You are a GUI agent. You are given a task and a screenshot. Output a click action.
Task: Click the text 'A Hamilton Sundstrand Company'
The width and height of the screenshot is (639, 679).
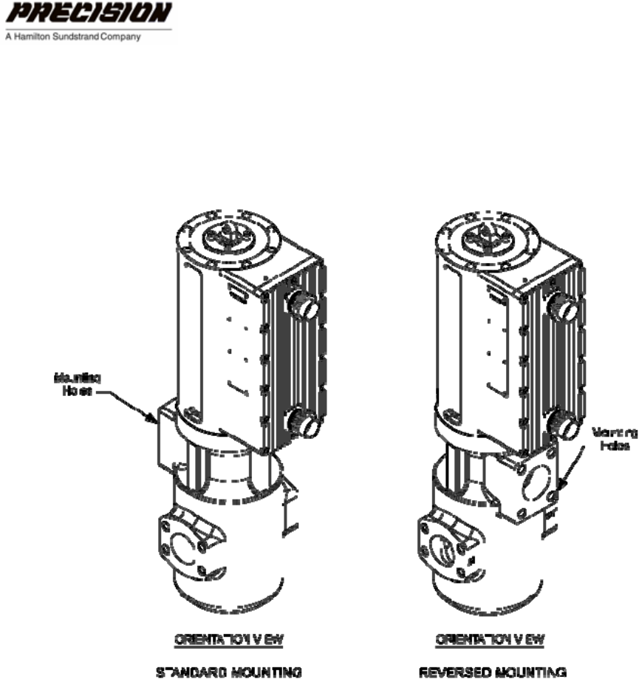72,35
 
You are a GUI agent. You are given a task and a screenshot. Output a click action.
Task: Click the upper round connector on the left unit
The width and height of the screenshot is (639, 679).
303,304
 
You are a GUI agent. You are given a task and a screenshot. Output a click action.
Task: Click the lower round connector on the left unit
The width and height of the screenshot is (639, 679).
304,423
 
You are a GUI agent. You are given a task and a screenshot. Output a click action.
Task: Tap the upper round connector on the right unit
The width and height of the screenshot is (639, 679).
563,304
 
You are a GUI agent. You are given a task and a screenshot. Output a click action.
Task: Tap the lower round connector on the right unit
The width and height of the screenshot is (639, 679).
564,423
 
